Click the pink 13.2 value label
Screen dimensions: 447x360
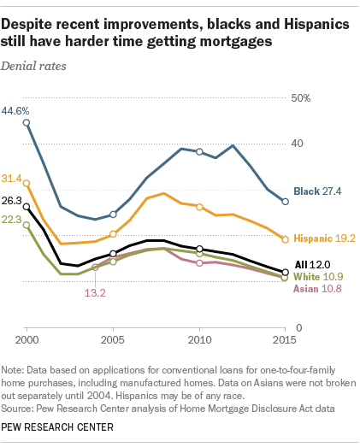click(x=94, y=292)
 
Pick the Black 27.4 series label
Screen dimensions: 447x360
click(x=317, y=192)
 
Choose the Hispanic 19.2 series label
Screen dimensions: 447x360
click(x=324, y=238)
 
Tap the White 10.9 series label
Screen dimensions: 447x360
click(x=318, y=277)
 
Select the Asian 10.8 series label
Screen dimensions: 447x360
click(x=318, y=289)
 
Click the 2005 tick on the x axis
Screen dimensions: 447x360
click(x=113, y=339)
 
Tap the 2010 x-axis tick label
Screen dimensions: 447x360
click(x=199, y=339)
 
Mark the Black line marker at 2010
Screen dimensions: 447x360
click(x=199, y=151)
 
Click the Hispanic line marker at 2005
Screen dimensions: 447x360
click(x=113, y=233)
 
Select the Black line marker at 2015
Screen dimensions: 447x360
click(x=286, y=201)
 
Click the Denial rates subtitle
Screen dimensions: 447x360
click(x=38, y=65)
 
